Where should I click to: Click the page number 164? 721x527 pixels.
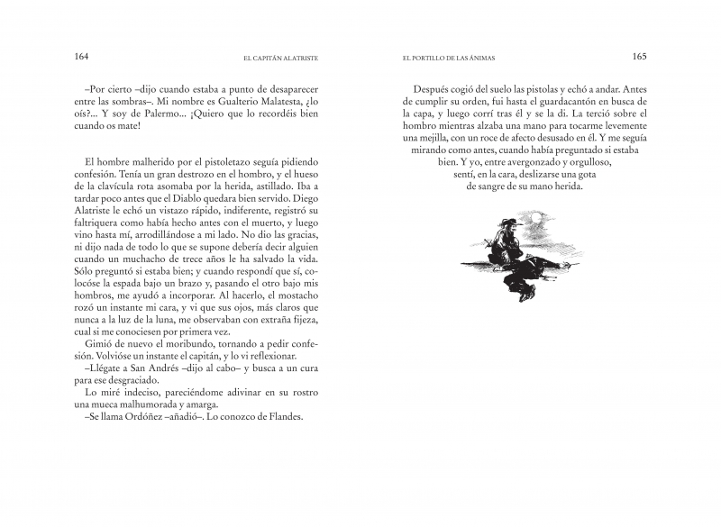point(81,56)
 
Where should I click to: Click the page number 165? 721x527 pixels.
point(640,56)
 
